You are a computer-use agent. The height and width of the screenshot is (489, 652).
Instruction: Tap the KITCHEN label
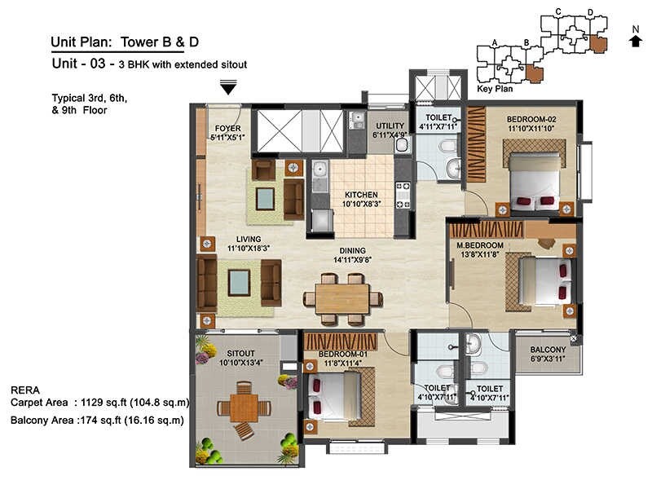pos(361,195)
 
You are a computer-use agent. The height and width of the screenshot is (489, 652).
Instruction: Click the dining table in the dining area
pos(342,298)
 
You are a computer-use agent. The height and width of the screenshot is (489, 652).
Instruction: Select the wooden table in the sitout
pos(244,407)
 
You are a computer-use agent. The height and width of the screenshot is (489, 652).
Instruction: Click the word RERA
pos(24,390)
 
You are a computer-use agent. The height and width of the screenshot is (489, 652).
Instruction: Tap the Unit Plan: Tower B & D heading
pos(117,42)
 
